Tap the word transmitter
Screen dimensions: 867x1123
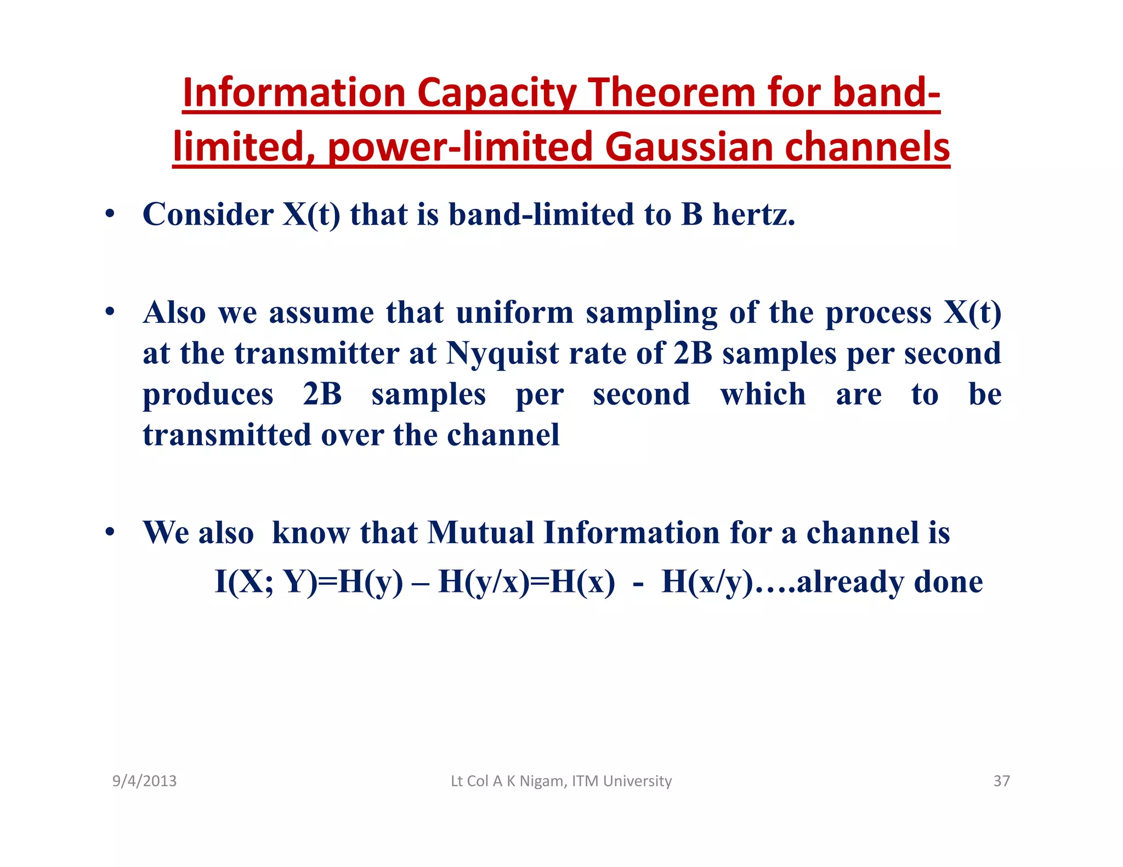pyautogui.click(x=317, y=353)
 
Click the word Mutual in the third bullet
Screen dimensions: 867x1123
pyautogui.click(x=480, y=532)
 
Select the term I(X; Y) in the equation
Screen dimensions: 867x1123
pyautogui.click(x=266, y=581)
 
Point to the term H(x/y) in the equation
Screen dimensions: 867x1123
pyautogui.click(x=707, y=581)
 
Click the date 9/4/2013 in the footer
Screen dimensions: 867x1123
pyautogui.click(x=144, y=781)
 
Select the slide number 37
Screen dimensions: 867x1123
pyautogui.click(x=1001, y=781)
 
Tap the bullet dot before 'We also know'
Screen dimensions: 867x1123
pyautogui.click(x=110, y=532)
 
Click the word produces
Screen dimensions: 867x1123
pyautogui.click(x=208, y=395)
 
